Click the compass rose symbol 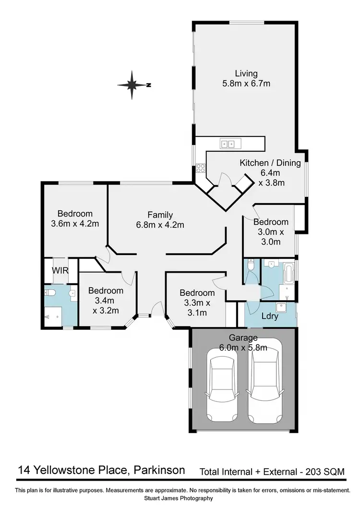click(132, 85)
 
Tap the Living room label click(246, 78)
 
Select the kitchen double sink click(227, 143)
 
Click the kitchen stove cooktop click(200, 168)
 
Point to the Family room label click(160, 219)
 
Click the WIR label click(60, 271)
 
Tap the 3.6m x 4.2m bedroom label click(74, 218)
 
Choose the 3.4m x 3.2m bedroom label click(106, 295)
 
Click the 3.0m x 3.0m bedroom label click(271, 231)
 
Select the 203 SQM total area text click(326, 472)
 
